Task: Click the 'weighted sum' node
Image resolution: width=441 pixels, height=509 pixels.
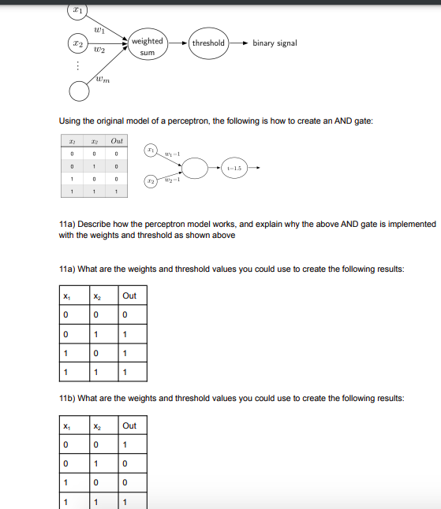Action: click(147, 46)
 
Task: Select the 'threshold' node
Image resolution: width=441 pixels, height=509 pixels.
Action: click(208, 43)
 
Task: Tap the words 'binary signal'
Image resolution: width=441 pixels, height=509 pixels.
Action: click(275, 43)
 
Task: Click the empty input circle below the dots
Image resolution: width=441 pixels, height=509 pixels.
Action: click(79, 92)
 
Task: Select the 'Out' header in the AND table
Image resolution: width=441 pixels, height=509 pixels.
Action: click(117, 139)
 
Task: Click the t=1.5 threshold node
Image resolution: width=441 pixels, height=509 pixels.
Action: click(234, 167)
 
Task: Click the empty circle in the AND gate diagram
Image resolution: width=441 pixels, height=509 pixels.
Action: click(196, 167)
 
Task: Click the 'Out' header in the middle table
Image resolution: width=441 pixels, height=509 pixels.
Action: click(129, 295)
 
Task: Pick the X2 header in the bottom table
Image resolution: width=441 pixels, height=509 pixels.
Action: click(98, 425)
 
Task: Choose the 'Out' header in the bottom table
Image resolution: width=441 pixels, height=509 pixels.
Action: click(129, 425)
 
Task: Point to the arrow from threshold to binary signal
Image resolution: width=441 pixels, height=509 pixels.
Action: click(238, 43)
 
